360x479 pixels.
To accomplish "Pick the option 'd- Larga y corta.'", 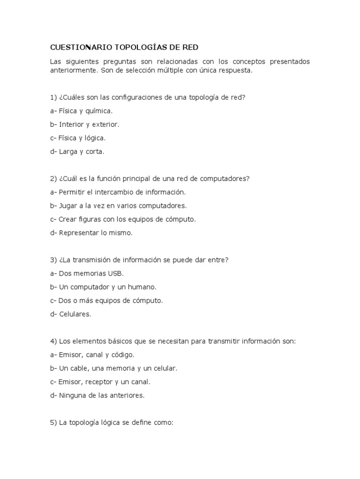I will [x=77, y=152].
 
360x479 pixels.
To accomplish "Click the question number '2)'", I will [x=53, y=179].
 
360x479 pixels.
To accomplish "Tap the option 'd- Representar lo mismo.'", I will [x=91, y=232].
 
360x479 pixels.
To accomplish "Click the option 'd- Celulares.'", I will [x=70, y=314].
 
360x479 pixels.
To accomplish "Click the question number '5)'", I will [x=53, y=422].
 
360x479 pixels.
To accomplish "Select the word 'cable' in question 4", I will [x=81, y=368].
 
